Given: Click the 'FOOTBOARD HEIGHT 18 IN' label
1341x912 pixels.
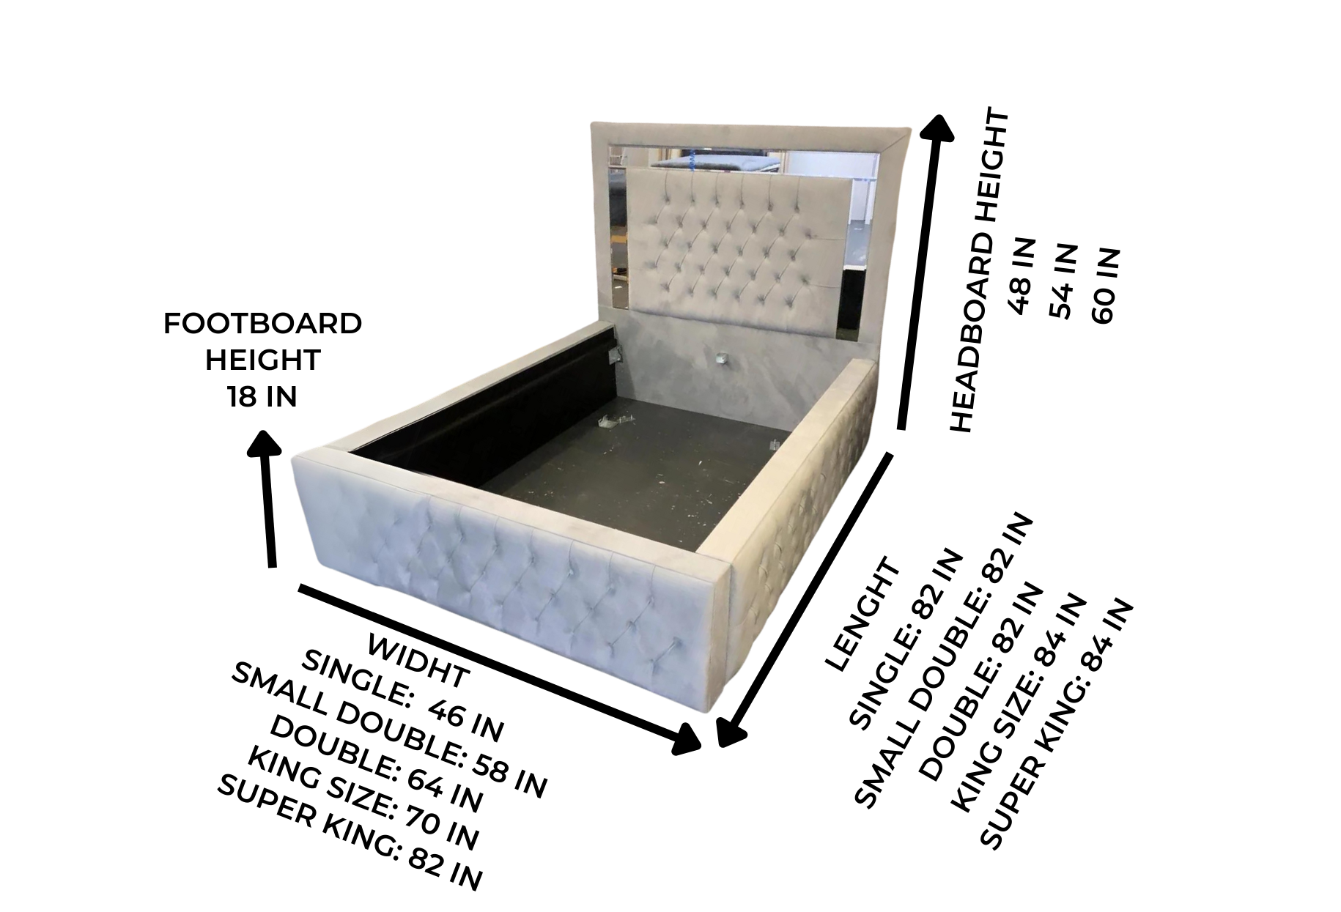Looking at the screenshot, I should (x=262, y=360).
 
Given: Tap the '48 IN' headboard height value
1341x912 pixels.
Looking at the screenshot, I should (x=1023, y=276).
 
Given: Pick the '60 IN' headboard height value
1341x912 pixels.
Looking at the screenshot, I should (x=1104, y=286).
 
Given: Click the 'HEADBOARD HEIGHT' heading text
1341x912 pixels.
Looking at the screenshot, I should (x=979, y=271).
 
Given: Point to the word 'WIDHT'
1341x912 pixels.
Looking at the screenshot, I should (x=418, y=661).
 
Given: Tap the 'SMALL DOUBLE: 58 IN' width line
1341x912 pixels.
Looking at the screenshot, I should (x=389, y=730).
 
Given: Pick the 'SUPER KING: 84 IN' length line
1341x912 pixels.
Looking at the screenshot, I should (x=1056, y=725).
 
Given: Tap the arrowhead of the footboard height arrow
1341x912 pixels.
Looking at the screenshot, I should (x=265, y=446).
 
